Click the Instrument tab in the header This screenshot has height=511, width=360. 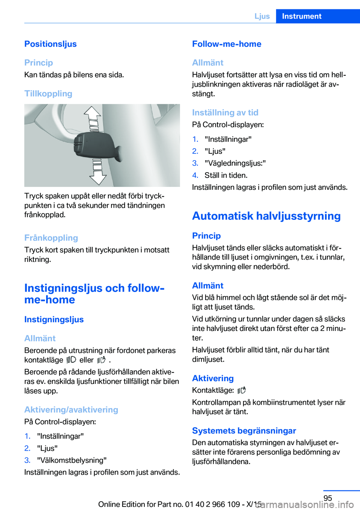click(301, 16)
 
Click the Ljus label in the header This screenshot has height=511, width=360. click(262, 16)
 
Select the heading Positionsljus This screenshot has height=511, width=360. click(51, 44)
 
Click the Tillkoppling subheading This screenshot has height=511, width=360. click(48, 93)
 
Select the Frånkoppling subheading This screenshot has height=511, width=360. click(51, 238)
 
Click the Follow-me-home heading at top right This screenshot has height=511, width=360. click(226, 44)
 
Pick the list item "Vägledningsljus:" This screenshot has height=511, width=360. click(235, 163)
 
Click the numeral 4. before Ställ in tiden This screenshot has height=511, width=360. click(195, 175)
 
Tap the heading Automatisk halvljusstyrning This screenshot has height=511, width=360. click(266, 216)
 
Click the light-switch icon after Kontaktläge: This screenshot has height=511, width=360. click(241, 390)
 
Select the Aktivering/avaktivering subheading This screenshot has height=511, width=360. click(71, 410)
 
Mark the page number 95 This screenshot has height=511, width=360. click(328, 498)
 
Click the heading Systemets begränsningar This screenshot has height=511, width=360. click(244, 431)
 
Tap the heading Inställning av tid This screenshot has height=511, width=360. click(225, 113)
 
